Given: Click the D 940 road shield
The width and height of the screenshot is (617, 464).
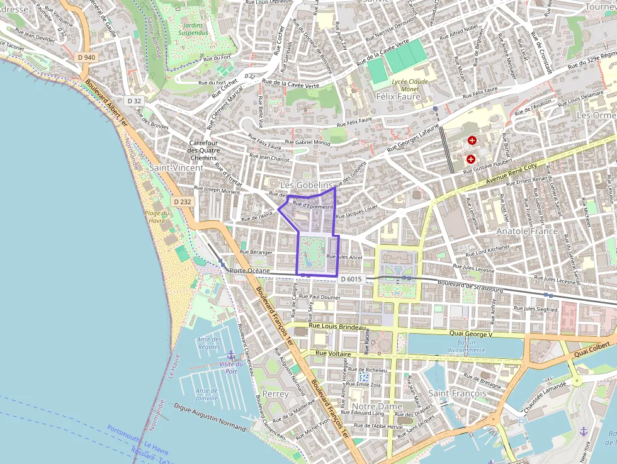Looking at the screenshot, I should click(x=87, y=57).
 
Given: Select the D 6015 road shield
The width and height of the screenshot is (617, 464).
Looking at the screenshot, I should click(x=351, y=279).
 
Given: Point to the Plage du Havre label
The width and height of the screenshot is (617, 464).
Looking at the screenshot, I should click(x=156, y=217).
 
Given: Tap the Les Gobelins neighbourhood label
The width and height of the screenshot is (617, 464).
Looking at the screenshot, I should click(x=307, y=184).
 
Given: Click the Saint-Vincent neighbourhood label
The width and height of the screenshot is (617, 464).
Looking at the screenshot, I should click(x=176, y=168).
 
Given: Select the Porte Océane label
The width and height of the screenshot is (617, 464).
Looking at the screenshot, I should click(x=250, y=271).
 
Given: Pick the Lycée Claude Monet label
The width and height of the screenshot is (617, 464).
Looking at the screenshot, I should click(x=409, y=85).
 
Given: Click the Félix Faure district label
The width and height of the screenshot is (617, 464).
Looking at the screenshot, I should click(x=398, y=97).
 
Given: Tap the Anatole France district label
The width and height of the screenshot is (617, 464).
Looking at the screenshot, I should click(x=527, y=231).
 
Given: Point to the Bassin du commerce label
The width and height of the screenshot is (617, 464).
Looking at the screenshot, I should click(x=467, y=346).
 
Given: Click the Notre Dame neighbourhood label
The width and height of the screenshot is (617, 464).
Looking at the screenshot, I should click(x=376, y=407).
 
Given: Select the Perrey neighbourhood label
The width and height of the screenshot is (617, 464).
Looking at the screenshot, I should click(x=275, y=393).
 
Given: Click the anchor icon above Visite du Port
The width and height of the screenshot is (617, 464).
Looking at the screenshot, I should click(x=230, y=355).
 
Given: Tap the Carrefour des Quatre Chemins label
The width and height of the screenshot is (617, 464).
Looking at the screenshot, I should click(x=203, y=150).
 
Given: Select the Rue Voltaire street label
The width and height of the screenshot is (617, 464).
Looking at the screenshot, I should click(x=332, y=354).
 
